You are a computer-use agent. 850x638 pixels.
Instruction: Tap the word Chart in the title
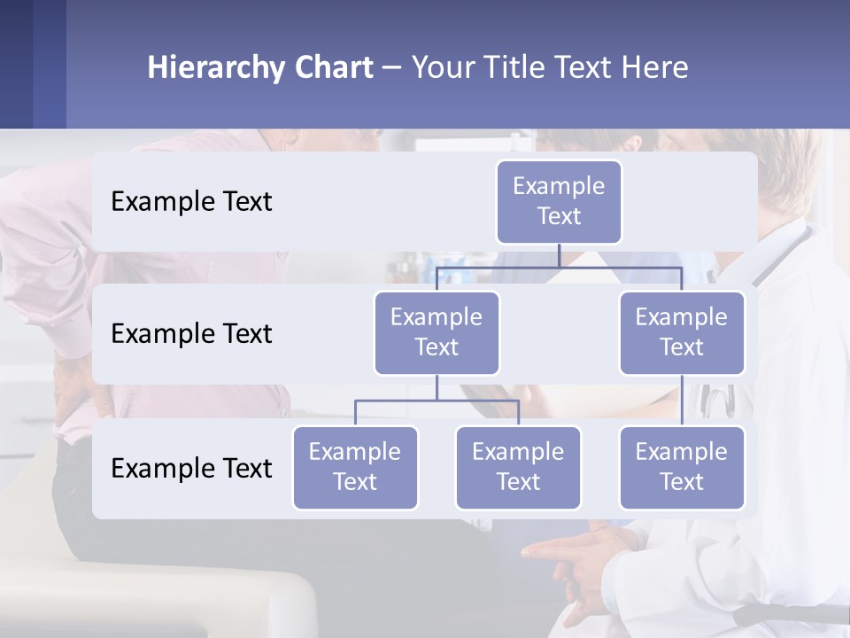tap(333, 68)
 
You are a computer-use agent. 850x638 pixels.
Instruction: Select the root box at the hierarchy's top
tap(559, 201)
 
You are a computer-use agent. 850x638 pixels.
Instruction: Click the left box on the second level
tap(437, 332)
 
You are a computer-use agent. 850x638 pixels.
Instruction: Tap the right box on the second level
tap(682, 332)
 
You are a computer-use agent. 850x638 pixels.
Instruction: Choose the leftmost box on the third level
tap(355, 467)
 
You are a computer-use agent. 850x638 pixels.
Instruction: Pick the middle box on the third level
tap(518, 467)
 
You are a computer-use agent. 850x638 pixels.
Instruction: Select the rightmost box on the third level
tap(682, 467)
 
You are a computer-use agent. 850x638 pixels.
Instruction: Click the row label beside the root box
tap(191, 202)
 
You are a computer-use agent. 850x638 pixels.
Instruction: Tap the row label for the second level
tap(191, 334)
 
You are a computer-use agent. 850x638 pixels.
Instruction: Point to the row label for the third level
tap(191, 468)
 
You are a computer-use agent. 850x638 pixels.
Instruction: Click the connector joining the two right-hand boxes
tap(682, 401)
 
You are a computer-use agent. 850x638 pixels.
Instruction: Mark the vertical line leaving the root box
tap(559, 255)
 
